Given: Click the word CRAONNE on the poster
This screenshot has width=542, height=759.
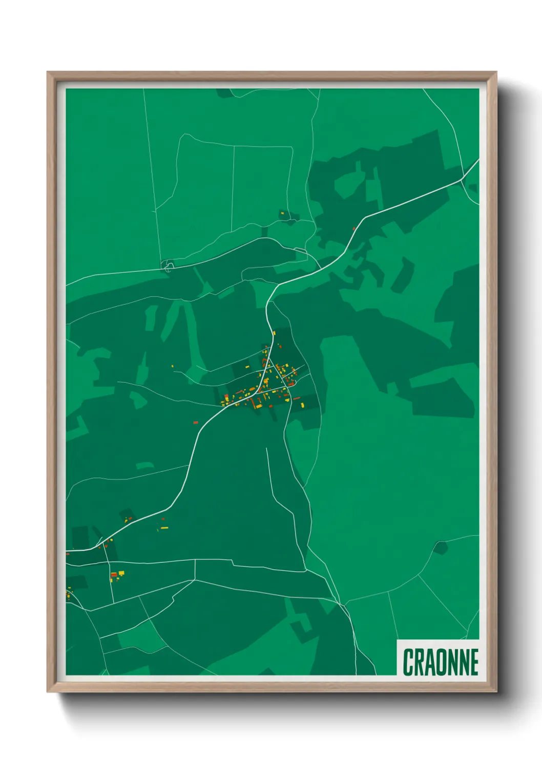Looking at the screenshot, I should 440,662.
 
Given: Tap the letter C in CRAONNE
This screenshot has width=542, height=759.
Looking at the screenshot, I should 408,662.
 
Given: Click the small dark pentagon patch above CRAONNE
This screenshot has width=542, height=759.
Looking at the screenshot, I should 440,548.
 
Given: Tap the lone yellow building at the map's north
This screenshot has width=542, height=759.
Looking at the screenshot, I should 281,212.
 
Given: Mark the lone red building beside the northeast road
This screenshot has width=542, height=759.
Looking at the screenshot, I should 353,228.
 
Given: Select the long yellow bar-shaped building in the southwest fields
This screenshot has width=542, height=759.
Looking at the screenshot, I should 164,528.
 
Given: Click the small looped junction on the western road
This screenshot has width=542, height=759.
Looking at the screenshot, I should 169,265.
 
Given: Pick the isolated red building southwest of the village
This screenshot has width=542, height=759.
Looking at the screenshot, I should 195,422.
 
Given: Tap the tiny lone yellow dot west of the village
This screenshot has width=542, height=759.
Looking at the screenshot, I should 172,366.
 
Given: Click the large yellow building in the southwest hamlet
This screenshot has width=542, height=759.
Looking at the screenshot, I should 121,573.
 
